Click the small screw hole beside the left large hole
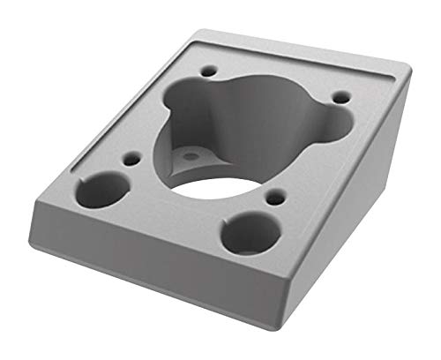pos(131,161)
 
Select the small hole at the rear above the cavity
pos(212,69)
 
